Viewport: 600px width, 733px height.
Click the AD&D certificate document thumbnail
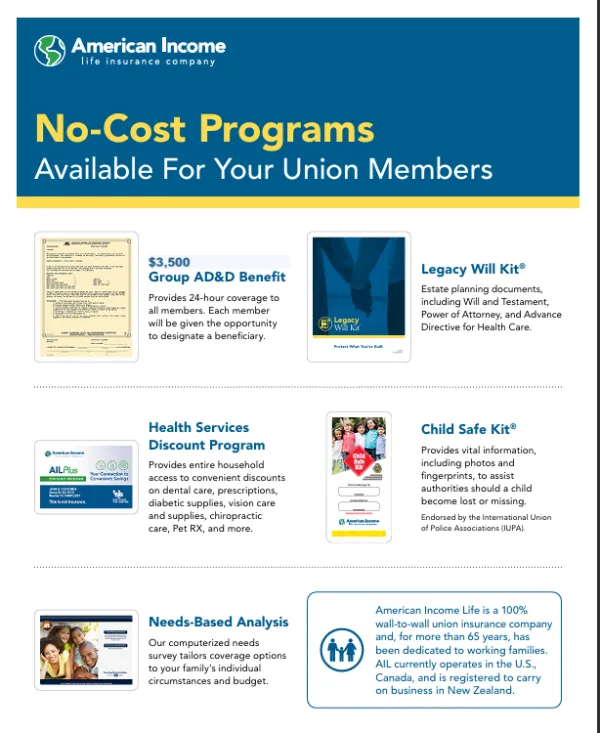pos(86,296)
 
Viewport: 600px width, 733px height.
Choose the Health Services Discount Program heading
pos(207,436)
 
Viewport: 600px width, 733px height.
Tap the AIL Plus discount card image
pos(86,477)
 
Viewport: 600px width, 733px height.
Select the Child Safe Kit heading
pos(469,429)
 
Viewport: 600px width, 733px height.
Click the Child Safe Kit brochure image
pos(359,476)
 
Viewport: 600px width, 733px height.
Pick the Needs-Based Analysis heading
pos(218,621)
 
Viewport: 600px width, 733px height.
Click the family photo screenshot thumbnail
pos(86,650)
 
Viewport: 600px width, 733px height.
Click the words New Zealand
pos(477,690)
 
